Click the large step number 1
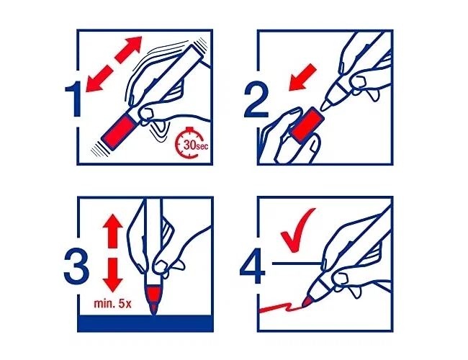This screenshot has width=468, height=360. click(x=73, y=99)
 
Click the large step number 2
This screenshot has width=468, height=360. click(x=256, y=99)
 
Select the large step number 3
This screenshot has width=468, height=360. click(x=77, y=266)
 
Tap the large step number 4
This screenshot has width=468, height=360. click(x=253, y=266)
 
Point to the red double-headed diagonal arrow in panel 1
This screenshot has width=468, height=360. click(x=114, y=64)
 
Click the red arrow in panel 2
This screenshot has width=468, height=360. click(x=302, y=77)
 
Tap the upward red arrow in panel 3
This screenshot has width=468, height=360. click(x=113, y=230)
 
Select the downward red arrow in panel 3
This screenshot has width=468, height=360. click(x=113, y=274)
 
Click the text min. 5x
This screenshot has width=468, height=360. click(x=112, y=304)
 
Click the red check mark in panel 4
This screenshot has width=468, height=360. click(x=297, y=230)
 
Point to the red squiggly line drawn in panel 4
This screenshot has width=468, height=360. click(x=281, y=308)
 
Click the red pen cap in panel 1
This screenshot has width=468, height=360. click(x=119, y=132)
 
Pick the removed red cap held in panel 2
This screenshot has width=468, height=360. click(x=307, y=124)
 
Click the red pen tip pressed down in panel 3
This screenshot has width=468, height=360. click(x=153, y=300)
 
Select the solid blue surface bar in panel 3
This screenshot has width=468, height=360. click(x=145, y=323)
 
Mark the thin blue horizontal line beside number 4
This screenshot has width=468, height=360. click(x=297, y=264)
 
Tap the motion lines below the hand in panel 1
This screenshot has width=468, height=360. click(x=159, y=130)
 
